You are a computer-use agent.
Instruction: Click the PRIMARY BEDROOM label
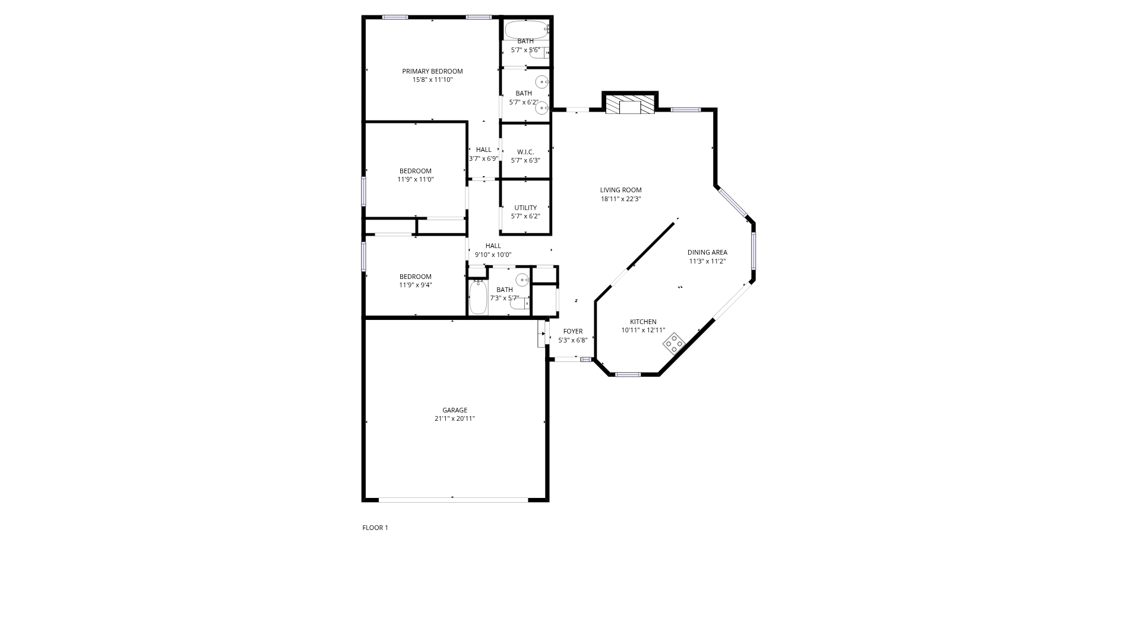[x=432, y=71]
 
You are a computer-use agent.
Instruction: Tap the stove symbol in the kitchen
[x=674, y=344]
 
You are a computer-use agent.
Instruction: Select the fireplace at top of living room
[x=630, y=104]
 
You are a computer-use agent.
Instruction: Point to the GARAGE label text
[x=455, y=410]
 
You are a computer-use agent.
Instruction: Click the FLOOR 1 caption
[x=375, y=528]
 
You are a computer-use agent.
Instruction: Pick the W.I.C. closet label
[x=525, y=152]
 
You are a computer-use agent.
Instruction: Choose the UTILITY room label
[x=525, y=208]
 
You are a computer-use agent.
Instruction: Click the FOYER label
[x=573, y=331]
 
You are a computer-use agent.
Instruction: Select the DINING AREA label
[x=707, y=252]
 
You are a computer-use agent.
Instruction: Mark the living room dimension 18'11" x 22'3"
[x=620, y=199]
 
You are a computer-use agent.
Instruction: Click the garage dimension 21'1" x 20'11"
[x=455, y=418]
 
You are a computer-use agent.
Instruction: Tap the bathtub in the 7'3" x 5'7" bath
[x=478, y=297]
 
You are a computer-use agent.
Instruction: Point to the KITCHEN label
[x=643, y=322]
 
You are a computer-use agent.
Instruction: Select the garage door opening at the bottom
[x=454, y=500]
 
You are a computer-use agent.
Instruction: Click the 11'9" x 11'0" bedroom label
[x=416, y=171]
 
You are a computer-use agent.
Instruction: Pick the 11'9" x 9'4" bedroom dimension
[x=416, y=285]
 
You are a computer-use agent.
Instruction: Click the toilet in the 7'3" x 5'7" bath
[x=520, y=304]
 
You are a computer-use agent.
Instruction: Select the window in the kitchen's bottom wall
[x=628, y=375]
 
